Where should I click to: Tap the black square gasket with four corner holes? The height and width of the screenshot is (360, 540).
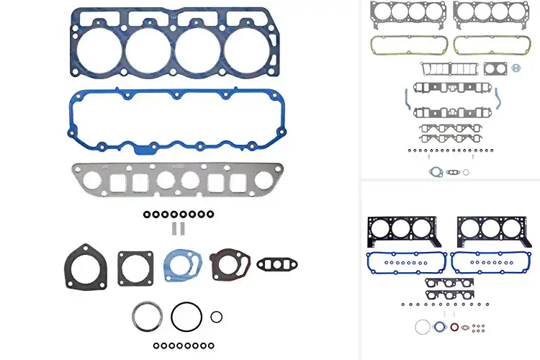click(x=135, y=268)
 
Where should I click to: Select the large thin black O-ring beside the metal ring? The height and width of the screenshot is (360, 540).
click(x=186, y=316)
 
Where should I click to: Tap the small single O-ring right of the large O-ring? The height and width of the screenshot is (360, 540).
click(x=216, y=316)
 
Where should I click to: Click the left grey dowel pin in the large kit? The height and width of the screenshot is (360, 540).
click(x=174, y=228)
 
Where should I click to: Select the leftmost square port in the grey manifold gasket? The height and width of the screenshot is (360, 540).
click(x=112, y=178)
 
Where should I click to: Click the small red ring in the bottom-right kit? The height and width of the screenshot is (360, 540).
click(x=454, y=327)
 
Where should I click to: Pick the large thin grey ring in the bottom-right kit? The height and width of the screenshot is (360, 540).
click(x=423, y=327)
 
